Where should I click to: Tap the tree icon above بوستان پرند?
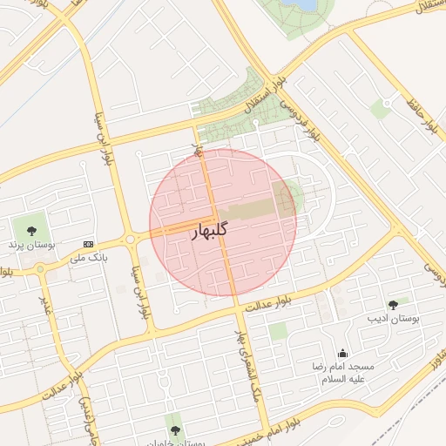[x=32, y=231]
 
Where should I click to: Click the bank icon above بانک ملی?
[x=88, y=244]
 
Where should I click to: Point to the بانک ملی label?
[x=88, y=257]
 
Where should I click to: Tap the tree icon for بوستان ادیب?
[x=392, y=304]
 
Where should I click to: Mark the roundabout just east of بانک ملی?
[x=131, y=239]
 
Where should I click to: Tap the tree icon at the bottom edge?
[x=175, y=430]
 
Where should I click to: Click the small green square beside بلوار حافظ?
[x=380, y=109]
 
